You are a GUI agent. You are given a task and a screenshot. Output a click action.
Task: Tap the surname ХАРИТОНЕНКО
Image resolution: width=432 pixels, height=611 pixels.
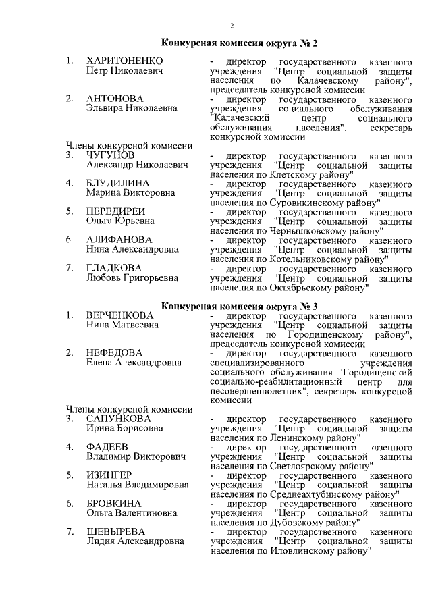click(125, 61)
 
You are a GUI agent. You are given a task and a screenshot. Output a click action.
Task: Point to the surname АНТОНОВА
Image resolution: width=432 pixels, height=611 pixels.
click(115, 99)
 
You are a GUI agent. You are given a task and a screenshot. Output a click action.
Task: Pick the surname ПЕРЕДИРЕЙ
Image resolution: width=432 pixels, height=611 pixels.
click(116, 211)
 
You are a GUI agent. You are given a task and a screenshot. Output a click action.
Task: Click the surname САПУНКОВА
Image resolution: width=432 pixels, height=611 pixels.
click(119, 419)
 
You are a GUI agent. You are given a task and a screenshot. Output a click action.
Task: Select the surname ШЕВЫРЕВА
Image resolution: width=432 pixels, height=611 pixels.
click(116, 532)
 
